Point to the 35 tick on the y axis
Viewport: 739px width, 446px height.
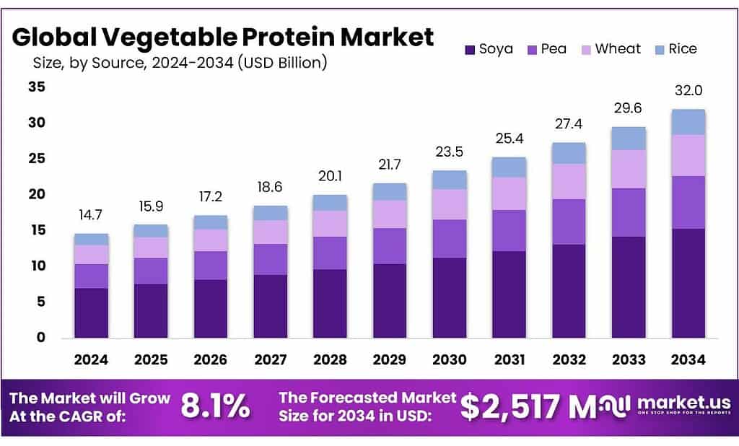pyautogui.click(x=36, y=87)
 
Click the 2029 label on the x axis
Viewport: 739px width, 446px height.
pyautogui.click(x=390, y=359)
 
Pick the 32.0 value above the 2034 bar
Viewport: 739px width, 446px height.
pyautogui.click(x=688, y=91)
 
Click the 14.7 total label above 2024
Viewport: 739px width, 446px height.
pyautogui.click(x=92, y=214)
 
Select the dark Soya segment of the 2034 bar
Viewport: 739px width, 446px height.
pyautogui.click(x=688, y=283)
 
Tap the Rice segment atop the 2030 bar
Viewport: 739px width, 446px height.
pyautogui.click(x=450, y=180)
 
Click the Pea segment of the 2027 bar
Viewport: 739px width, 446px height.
pyautogui.click(x=271, y=259)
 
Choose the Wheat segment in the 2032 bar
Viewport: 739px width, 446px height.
pyautogui.click(x=569, y=181)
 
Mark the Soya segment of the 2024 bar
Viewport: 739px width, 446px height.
pyautogui.click(x=92, y=312)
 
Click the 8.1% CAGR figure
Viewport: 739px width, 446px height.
pyautogui.click(x=214, y=407)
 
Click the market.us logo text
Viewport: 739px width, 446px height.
pyautogui.click(x=683, y=403)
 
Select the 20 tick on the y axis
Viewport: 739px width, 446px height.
pyautogui.click(x=36, y=195)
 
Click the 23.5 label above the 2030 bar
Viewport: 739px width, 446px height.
pyautogui.click(x=450, y=152)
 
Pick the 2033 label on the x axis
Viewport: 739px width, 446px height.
pyautogui.click(x=629, y=359)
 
